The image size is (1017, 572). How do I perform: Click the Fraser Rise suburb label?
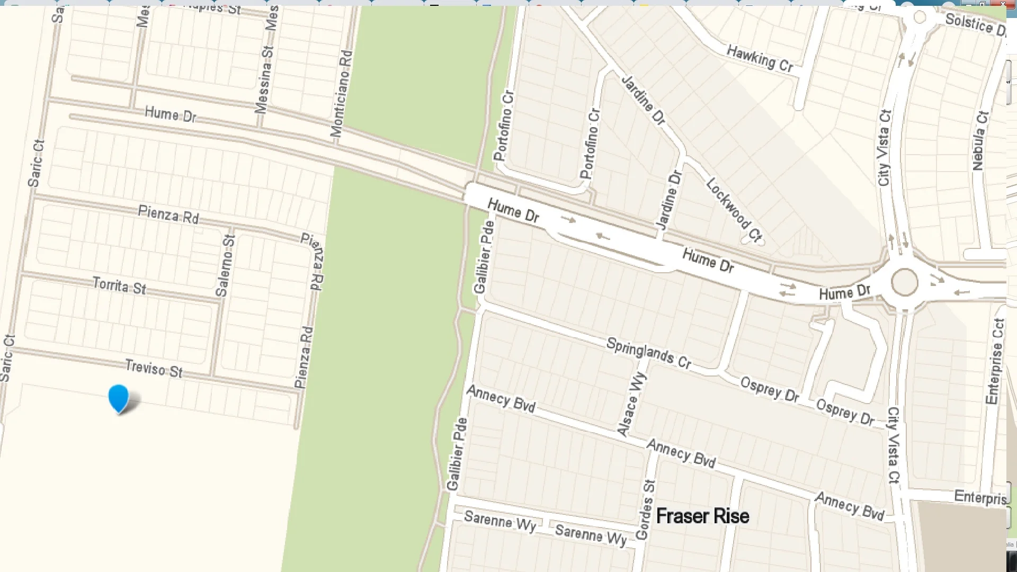pyautogui.click(x=702, y=516)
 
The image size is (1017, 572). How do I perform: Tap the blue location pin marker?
pyautogui.click(x=118, y=398)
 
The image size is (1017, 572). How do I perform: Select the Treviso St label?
pyautogui.click(x=154, y=369)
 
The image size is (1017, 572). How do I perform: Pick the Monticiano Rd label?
pyautogui.click(x=342, y=94)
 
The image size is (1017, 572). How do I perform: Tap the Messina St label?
pyautogui.click(x=264, y=79)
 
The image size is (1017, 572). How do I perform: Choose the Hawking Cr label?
pyautogui.click(x=760, y=58)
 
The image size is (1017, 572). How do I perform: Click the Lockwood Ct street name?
pyautogui.click(x=734, y=210)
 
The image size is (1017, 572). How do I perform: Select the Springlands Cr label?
pyautogui.click(x=649, y=353)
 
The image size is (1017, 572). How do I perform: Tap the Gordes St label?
pyautogui.click(x=646, y=510)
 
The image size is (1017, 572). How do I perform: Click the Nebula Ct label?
pyautogui.click(x=980, y=141)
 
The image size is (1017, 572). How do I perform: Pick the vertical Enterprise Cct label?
pyautogui.click(x=995, y=361)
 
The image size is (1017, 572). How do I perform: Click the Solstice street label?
pyautogui.click(x=975, y=24)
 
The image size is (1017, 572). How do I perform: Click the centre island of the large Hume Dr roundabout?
pyautogui.click(x=904, y=282)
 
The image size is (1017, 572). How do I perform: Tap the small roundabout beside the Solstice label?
pyautogui.click(x=920, y=17)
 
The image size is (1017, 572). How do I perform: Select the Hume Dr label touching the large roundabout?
pyautogui.click(x=844, y=292)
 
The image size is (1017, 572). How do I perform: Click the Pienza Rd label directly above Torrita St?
pyautogui.click(x=168, y=215)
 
